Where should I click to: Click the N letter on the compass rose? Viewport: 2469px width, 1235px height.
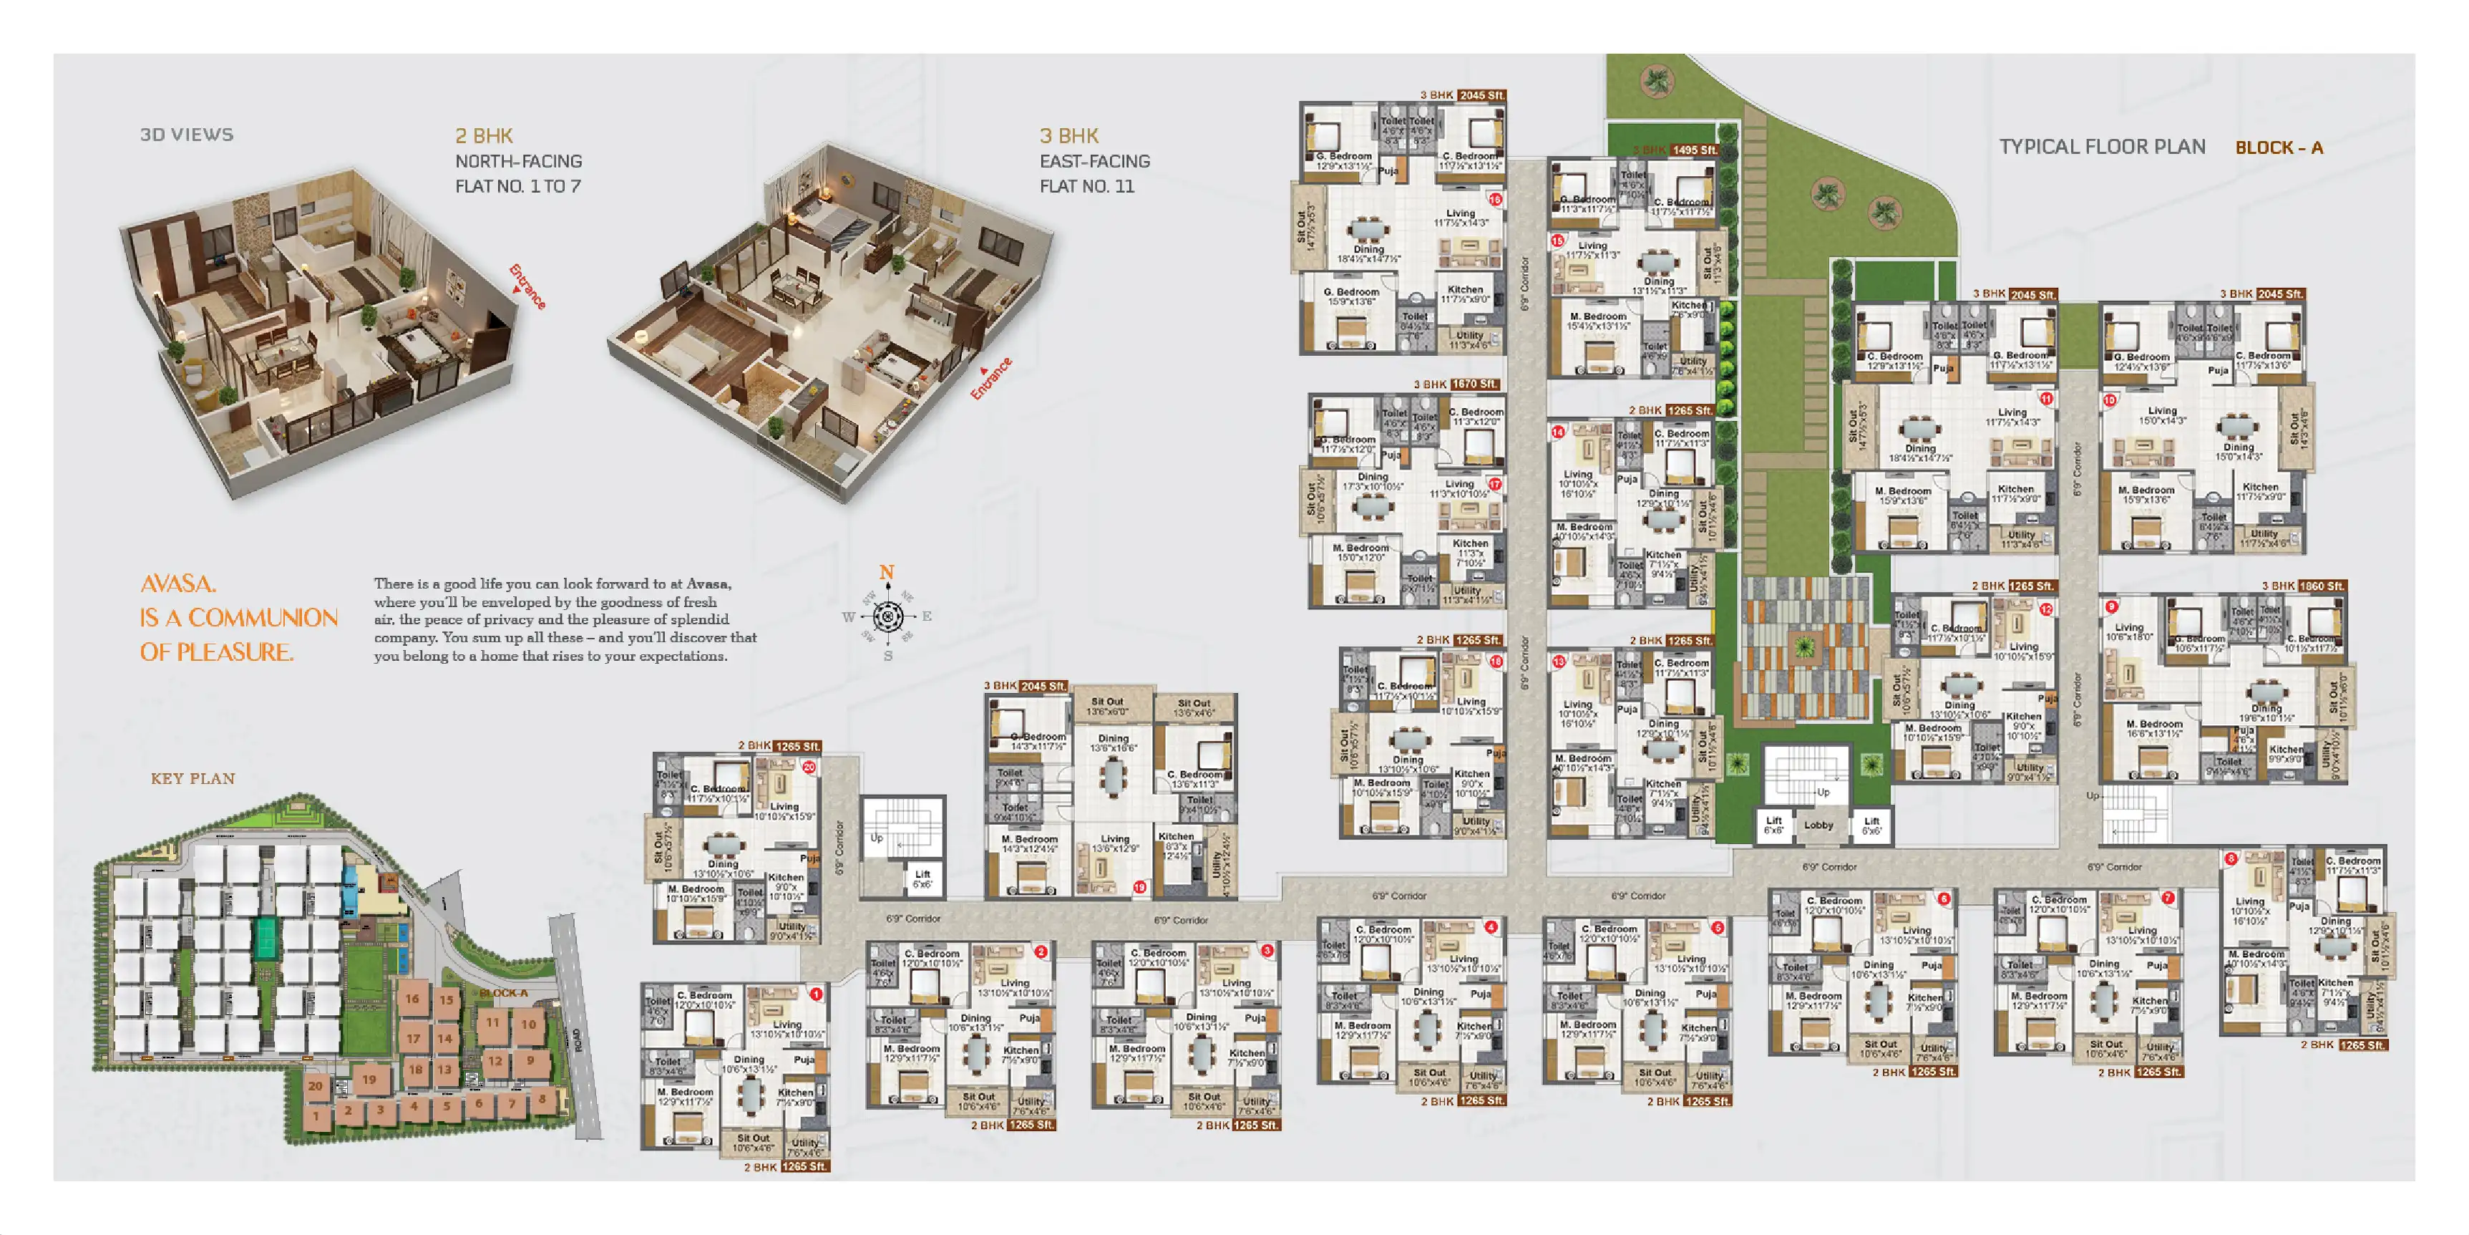tap(887, 573)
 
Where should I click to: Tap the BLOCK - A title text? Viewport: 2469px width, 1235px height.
tap(2278, 147)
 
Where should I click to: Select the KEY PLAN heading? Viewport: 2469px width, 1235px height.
tap(193, 779)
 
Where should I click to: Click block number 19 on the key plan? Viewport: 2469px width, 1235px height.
tap(369, 1080)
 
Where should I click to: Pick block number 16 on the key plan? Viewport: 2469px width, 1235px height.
tap(412, 998)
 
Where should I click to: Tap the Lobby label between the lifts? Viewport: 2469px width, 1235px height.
tap(1818, 825)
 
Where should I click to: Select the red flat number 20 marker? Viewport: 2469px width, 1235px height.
tap(809, 767)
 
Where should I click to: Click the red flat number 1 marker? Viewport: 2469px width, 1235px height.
tap(816, 994)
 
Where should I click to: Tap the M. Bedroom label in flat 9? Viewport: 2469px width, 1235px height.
tap(2153, 725)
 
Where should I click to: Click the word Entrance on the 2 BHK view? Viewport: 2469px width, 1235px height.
tap(526, 286)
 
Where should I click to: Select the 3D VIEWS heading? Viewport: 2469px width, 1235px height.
tap(187, 135)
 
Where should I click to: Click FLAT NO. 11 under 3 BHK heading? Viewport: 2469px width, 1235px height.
tap(1087, 187)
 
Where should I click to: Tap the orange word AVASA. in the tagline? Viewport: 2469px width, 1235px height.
tap(178, 584)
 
